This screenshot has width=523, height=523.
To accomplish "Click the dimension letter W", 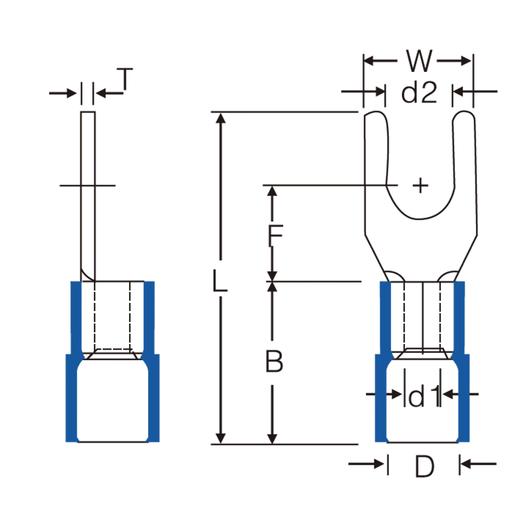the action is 419,60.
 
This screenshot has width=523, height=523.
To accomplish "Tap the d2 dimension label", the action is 419,93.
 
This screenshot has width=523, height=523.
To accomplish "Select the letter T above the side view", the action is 125,79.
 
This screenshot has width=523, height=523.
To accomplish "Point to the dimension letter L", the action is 220,281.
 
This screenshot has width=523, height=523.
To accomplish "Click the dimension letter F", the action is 275,236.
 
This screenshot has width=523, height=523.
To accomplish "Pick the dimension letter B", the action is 274,361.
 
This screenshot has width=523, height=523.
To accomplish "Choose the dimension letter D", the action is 424,467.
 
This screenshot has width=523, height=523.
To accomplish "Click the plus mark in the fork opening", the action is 420,185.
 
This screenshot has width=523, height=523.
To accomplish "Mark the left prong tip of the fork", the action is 376,112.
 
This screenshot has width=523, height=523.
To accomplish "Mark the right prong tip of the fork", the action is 464,112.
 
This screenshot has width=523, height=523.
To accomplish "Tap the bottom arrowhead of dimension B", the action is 272,439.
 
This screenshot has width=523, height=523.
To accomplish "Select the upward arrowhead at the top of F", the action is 272,191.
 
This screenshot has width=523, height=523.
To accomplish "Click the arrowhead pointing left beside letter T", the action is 101,93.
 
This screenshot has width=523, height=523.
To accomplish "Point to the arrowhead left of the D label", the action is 379,464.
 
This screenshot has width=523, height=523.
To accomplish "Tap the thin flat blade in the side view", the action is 88,196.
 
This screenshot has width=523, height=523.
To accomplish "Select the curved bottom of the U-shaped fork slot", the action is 420,219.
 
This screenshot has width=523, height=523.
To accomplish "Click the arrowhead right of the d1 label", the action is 447,394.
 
